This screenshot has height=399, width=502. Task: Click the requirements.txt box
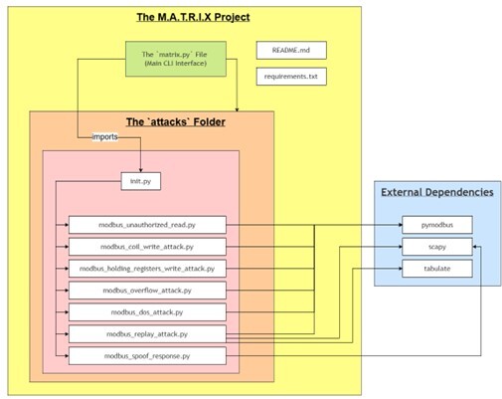tap(290, 75)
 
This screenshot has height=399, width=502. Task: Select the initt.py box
tap(139, 182)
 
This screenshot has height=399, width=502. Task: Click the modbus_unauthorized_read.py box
tap(147, 225)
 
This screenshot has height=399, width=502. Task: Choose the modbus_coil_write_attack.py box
tap(147, 246)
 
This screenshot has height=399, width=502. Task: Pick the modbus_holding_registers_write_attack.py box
tap(147, 268)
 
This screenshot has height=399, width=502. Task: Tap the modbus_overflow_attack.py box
tap(147, 290)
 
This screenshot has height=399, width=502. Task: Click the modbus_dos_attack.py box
tap(147, 311)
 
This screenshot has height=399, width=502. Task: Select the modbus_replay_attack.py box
tap(147, 333)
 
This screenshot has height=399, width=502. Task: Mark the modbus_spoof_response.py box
tap(147, 355)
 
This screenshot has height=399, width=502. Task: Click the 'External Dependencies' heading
tap(436, 191)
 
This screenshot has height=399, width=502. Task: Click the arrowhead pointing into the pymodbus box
tap(399, 225)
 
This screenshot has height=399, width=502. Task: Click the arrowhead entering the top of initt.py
tap(139, 171)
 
